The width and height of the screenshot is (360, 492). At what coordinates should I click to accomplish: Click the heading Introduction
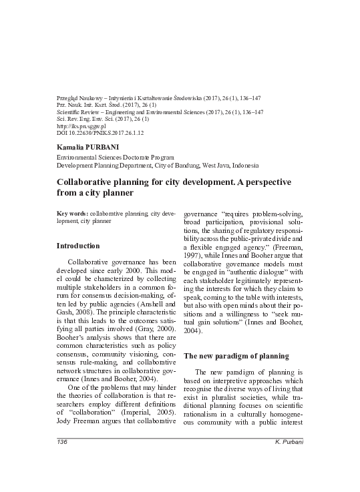(x=77, y=246)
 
